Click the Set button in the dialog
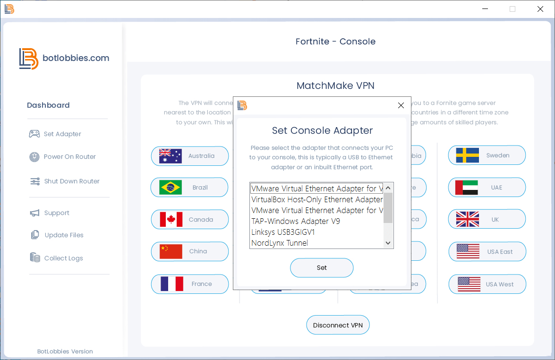point(322,268)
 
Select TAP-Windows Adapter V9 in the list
point(296,221)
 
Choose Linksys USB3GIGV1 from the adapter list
point(283,232)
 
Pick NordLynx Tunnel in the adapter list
point(280,243)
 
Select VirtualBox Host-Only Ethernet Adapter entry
point(316,199)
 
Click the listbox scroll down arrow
point(388,243)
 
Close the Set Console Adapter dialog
point(401,105)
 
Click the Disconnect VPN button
point(338,325)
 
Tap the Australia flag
point(171,156)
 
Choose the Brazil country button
point(189,188)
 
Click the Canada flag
point(171,220)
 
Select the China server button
point(189,251)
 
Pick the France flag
point(171,284)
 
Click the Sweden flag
point(468,155)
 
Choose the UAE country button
point(487,188)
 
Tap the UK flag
point(468,219)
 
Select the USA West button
point(487,284)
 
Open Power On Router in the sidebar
point(69,157)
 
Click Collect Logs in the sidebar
point(63,258)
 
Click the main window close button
point(540,9)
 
